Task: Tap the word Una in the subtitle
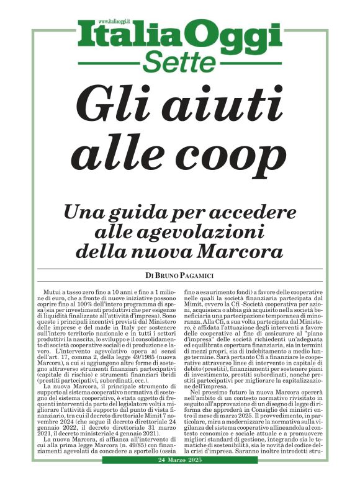click(86, 213)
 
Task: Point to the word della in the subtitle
click(117, 252)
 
